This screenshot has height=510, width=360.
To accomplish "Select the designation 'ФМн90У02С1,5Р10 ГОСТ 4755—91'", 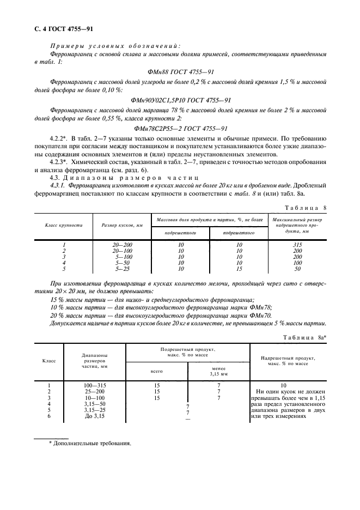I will (x=181, y=100).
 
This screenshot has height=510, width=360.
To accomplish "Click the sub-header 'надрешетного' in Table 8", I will (x=180, y=233).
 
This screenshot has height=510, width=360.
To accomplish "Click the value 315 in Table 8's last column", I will (x=297, y=245).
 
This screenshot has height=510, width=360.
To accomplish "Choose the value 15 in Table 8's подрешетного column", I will (x=239, y=269).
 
